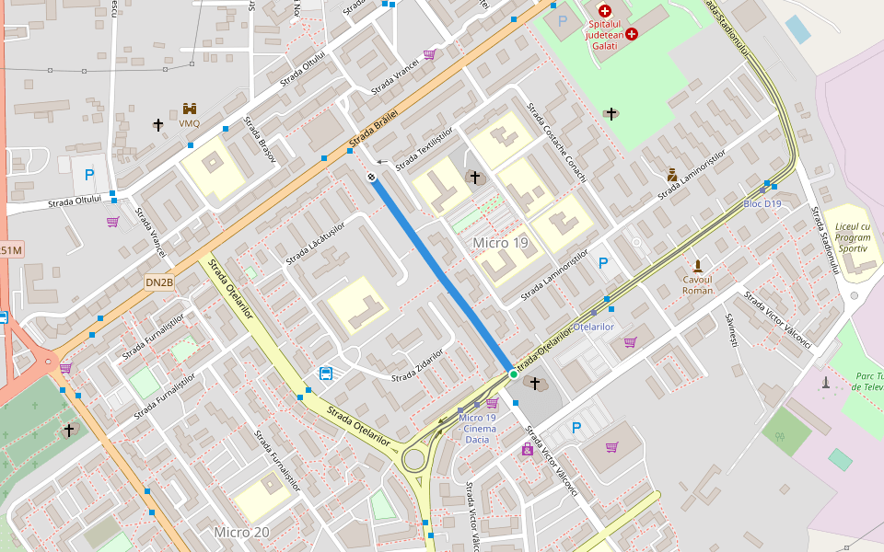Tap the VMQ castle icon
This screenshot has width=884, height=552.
tap(189, 109)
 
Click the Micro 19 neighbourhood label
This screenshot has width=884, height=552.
tap(500, 243)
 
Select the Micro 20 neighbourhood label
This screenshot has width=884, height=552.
tap(241, 532)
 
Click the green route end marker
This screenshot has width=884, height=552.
tap(513, 374)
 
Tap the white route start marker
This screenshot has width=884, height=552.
tap(372, 177)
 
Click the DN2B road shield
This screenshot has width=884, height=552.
tap(158, 282)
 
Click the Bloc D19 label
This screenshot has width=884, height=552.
tap(762, 204)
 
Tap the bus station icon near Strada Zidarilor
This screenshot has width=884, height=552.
tap(325, 373)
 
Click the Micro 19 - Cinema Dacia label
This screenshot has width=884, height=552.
tap(477, 429)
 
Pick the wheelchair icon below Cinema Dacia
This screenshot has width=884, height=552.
tap(528, 449)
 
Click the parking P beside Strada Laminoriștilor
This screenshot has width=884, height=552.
tap(603, 263)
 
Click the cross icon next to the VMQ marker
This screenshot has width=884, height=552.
tap(158, 124)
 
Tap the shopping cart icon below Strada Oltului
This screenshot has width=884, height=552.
tap(112, 222)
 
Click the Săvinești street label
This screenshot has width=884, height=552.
tap(731, 329)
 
